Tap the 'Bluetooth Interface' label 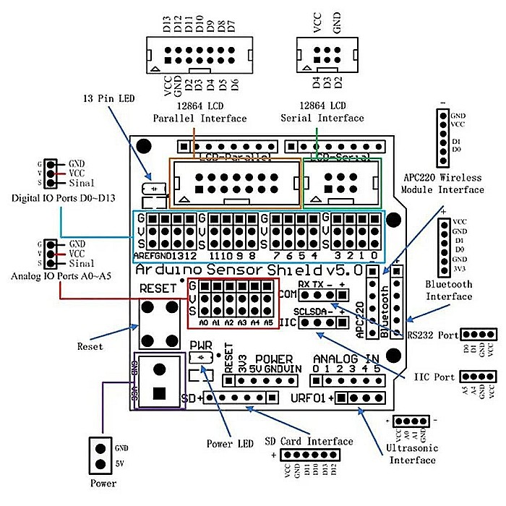click(449, 291)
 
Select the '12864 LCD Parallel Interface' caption click(200, 113)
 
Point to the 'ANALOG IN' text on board click(346, 359)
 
